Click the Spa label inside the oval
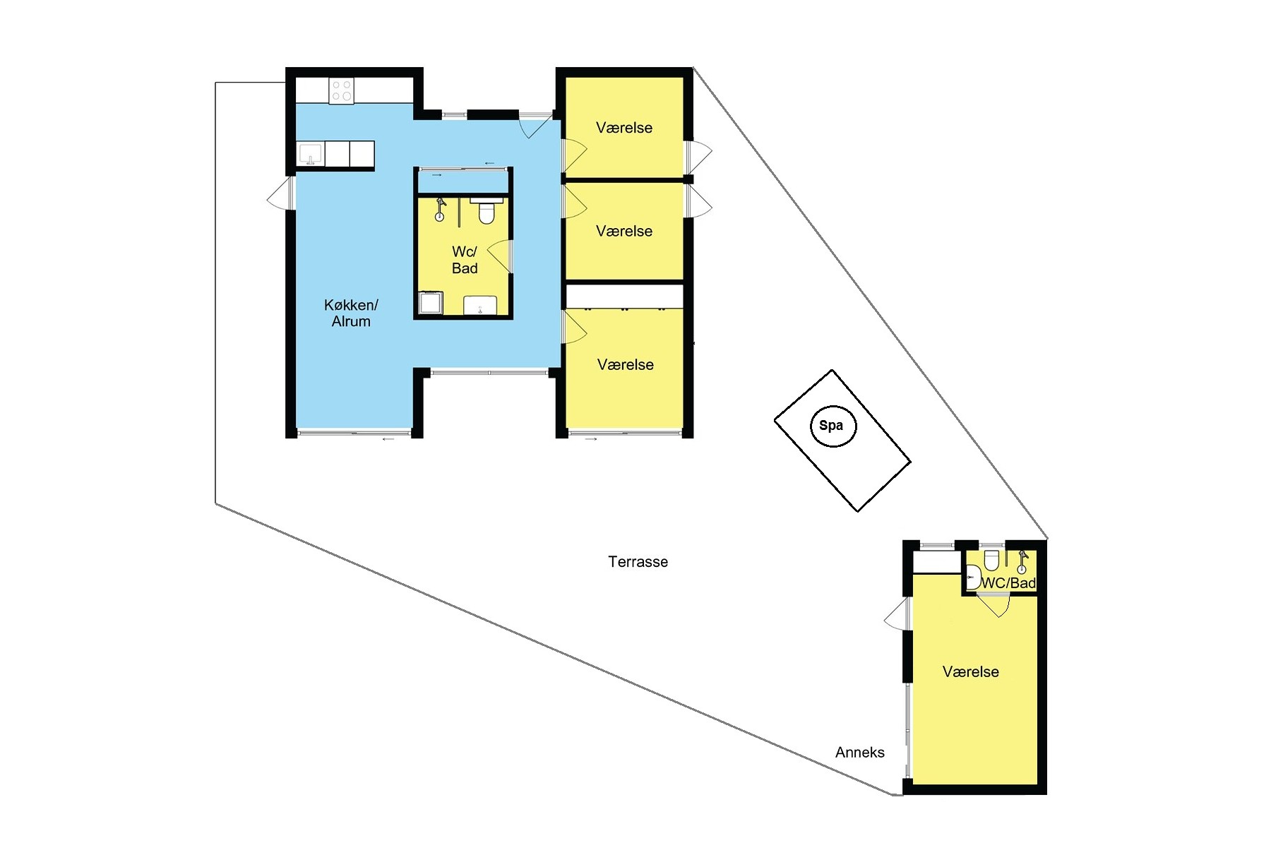click(831, 426)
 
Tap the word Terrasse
click(638, 562)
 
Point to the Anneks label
click(859, 753)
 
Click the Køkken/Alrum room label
click(351, 313)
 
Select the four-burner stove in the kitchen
click(342, 92)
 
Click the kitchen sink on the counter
click(311, 154)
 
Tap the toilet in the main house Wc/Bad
click(486, 210)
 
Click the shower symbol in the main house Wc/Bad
click(440, 210)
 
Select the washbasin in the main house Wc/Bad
click(480, 306)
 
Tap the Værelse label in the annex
click(971, 672)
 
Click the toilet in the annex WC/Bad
click(991, 559)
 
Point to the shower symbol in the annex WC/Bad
click(1022, 562)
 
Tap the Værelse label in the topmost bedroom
click(624, 128)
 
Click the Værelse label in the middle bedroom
click(624, 231)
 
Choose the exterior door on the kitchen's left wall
click(279, 193)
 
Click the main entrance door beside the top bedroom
click(535, 126)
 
